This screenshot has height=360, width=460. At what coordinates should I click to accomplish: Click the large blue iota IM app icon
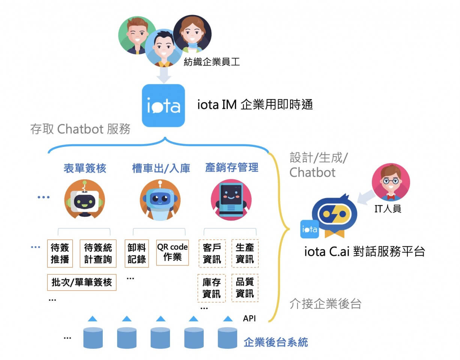(163, 105)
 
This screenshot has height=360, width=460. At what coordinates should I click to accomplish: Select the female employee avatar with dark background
(192, 34)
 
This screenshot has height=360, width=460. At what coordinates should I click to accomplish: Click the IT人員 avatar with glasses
(391, 182)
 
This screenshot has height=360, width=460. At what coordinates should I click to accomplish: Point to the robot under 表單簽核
(85, 199)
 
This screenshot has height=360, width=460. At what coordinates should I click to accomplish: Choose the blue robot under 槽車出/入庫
(160, 200)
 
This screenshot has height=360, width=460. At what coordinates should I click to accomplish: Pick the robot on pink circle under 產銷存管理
(231, 200)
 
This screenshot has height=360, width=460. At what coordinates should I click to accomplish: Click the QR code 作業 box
(172, 252)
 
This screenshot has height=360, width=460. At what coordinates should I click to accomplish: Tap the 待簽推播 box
(60, 253)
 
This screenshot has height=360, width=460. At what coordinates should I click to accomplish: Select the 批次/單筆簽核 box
(82, 282)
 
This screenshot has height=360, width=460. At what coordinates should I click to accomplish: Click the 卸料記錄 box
(137, 253)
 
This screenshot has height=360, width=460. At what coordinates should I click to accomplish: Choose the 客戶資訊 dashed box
(212, 253)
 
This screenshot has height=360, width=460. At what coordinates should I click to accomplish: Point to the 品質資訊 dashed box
(245, 288)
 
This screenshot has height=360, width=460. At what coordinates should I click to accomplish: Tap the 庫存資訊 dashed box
(212, 288)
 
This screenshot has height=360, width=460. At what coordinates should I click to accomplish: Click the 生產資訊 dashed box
(245, 253)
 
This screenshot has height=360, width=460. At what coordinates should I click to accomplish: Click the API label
(250, 318)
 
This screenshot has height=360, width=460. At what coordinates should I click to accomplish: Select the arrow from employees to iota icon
(164, 75)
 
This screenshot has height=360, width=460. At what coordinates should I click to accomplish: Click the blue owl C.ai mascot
(334, 216)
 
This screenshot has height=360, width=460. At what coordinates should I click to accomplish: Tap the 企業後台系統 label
(276, 342)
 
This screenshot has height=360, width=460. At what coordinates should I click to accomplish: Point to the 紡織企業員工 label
(212, 62)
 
